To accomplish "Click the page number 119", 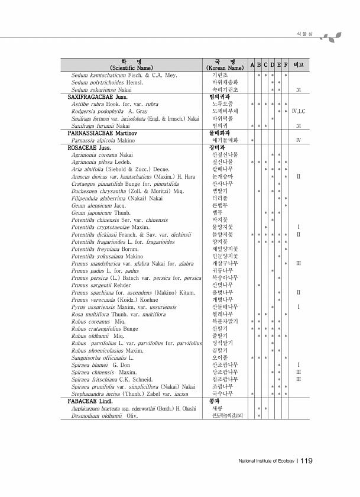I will [306, 461].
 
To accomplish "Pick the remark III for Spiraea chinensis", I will [299, 372].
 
